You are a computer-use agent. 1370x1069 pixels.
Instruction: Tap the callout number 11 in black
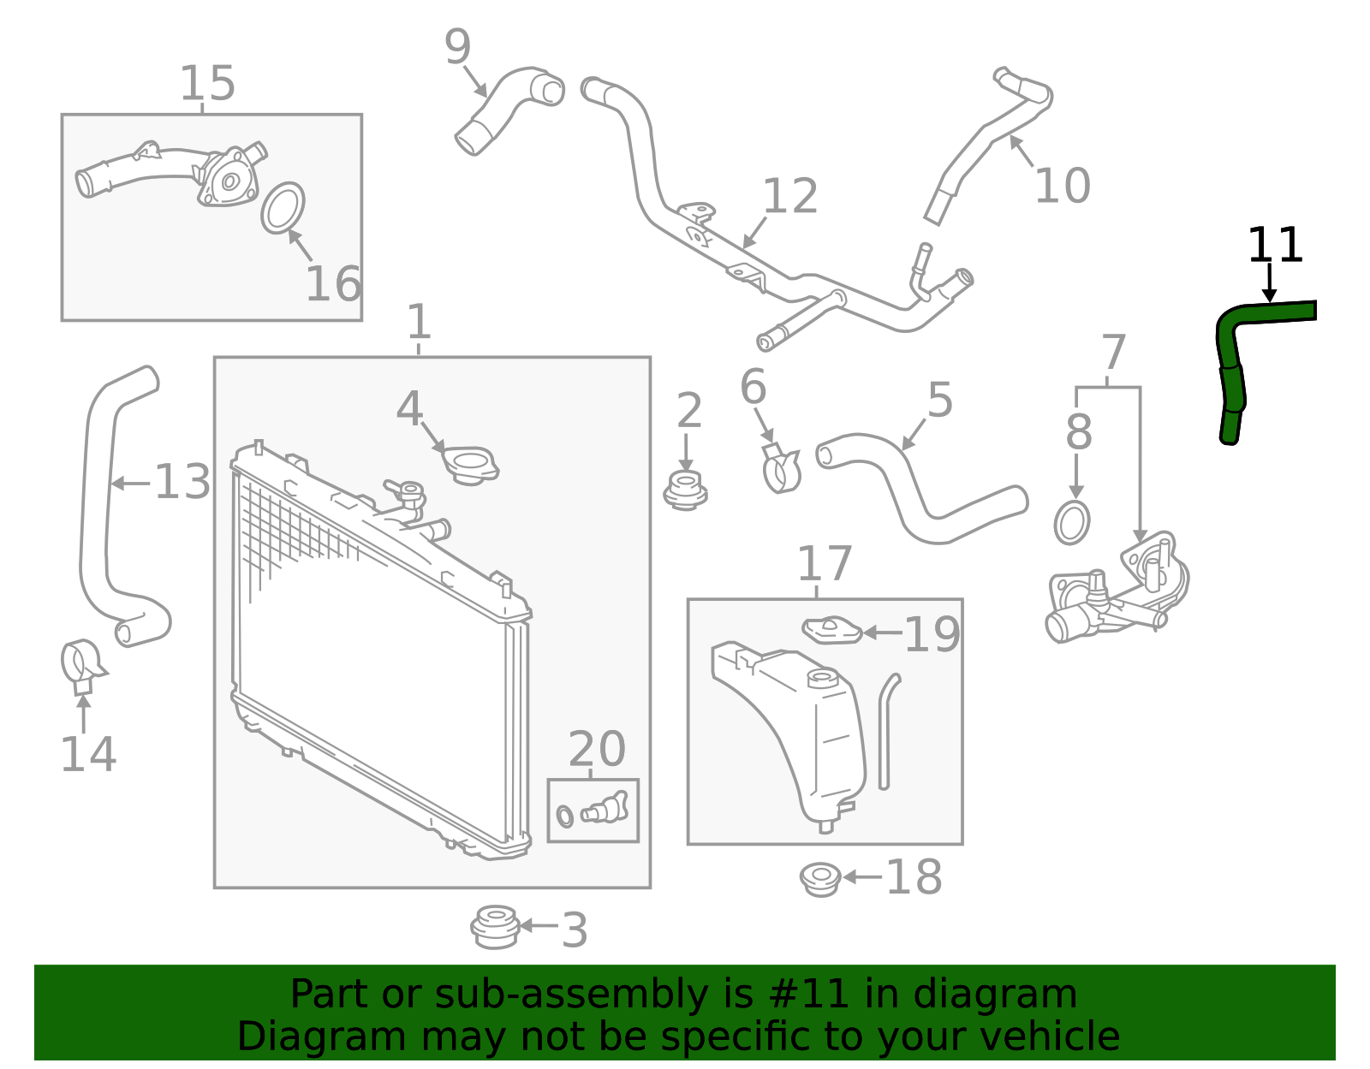pos(1274,246)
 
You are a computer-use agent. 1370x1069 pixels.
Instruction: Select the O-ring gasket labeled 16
pos(283,207)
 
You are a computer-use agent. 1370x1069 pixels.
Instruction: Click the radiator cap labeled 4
pos(470,466)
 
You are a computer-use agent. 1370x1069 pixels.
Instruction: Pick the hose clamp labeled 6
pos(781,469)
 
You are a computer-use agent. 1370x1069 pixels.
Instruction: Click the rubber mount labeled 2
pos(685,491)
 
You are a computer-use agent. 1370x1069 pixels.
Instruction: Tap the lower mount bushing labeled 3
pos(495,926)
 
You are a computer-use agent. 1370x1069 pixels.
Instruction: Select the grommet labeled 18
pos(819,879)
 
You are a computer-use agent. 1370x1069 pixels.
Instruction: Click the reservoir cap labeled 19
pos(831,631)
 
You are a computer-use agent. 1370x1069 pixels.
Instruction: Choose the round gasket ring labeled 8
pos(1072,522)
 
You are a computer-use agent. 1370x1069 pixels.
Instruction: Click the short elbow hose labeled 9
pos(507,109)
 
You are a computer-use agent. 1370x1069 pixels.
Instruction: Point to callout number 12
pos(789,197)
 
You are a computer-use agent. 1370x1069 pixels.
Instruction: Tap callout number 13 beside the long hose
pos(182,482)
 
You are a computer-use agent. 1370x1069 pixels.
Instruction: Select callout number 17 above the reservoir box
pos(824,564)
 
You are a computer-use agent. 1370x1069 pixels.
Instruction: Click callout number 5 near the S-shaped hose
pos(939,401)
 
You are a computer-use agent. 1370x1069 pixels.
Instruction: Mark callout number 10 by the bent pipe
pos(1062,186)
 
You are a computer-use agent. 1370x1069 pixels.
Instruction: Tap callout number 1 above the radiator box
pos(418,323)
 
